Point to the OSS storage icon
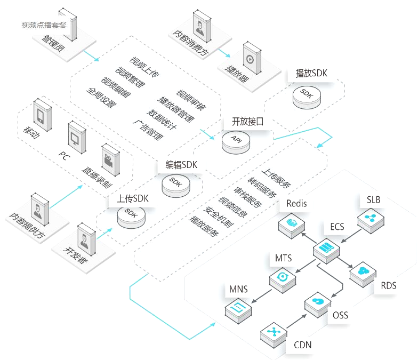(x=318, y=304)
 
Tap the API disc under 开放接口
(x=236, y=140)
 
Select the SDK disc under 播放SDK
(x=306, y=94)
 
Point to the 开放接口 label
(x=248, y=121)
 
